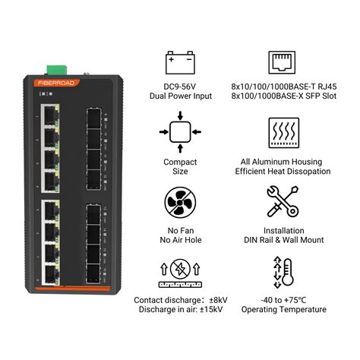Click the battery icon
(x=181, y=62)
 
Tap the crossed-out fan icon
(x=181, y=204)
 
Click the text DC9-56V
(x=180, y=87)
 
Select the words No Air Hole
(x=180, y=240)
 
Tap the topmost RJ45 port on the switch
(x=52, y=115)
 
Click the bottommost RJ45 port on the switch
(x=52, y=273)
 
